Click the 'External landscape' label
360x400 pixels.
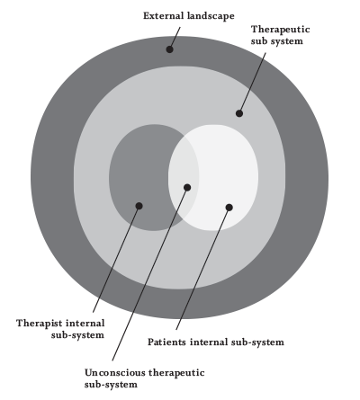pyautogui.click(x=189, y=16)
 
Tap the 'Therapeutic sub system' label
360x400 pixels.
pyautogui.click(x=280, y=35)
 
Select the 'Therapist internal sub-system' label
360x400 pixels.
pyautogui.click(x=60, y=329)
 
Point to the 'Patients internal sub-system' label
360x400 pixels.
pyautogui.click(x=216, y=342)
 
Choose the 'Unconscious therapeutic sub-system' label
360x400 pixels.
pyautogui.click(x=144, y=378)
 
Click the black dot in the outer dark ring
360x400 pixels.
pyautogui.click(x=169, y=49)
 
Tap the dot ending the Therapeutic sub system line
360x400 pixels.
pyautogui.click(x=239, y=113)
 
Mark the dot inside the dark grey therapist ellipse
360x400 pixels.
pyautogui.click(x=139, y=206)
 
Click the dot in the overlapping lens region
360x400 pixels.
pyautogui.click(x=187, y=188)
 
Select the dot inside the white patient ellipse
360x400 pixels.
pyautogui.click(x=229, y=208)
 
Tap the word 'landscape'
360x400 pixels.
pyautogui.click(x=211, y=16)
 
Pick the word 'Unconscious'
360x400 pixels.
pyautogui.click(x=114, y=373)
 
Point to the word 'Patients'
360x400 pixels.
pyautogui.click(x=166, y=342)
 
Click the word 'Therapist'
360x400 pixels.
pyautogui.click(x=40, y=324)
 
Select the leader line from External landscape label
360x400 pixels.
pyautogui.click(x=175, y=38)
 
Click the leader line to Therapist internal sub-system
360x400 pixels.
pyautogui.click(x=116, y=259)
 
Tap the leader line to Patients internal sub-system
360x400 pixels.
pyautogui.click(x=202, y=269)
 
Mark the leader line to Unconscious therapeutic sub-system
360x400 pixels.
pyautogui.click(x=149, y=274)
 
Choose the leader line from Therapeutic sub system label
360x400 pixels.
pyautogui.click(x=252, y=83)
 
